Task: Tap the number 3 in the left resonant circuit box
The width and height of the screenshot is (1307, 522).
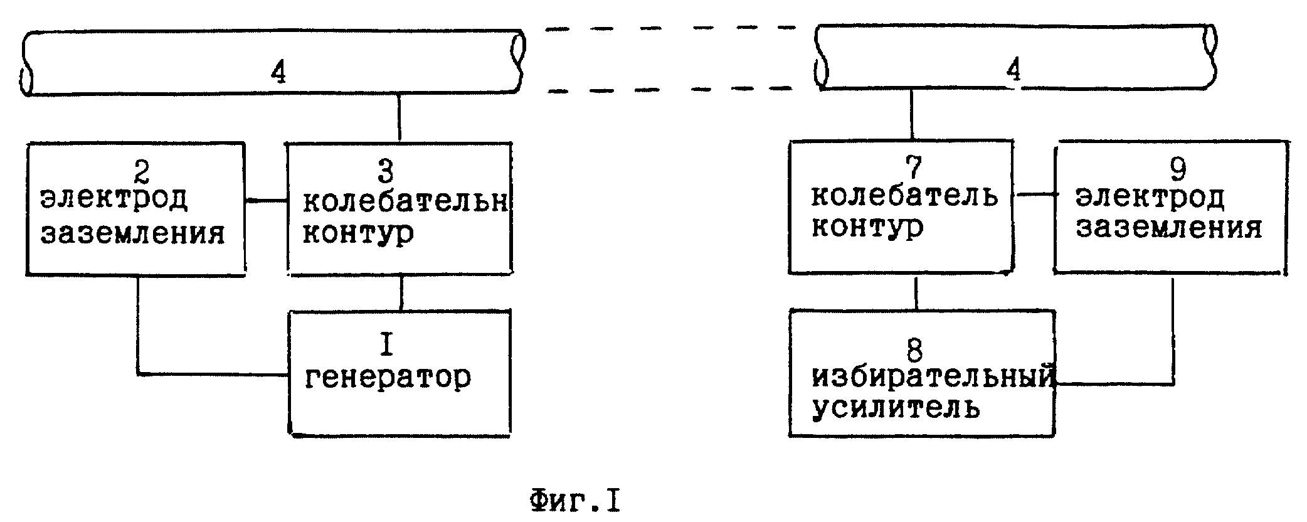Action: pos(387,171)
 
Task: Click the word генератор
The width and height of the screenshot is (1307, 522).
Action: pos(388,378)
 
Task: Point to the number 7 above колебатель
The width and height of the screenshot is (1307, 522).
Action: pos(914,166)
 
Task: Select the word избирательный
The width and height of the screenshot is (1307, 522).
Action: pos(932,378)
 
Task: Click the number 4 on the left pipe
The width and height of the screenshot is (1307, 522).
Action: pos(278,73)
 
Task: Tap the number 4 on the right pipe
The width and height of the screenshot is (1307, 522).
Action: pos(1013,69)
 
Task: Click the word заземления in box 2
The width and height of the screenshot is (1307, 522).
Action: pos(133,233)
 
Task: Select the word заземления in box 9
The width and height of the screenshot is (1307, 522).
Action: pos(1169,228)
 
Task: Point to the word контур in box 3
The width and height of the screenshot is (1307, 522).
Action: pos(359,233)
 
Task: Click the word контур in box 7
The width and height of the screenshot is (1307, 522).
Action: pos(867,227)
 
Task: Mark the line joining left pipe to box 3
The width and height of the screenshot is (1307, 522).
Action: pos(399,118)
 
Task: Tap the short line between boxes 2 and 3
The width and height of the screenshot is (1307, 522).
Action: pos(266,201)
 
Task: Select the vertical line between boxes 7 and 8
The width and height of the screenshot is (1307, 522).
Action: pos(916,292)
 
